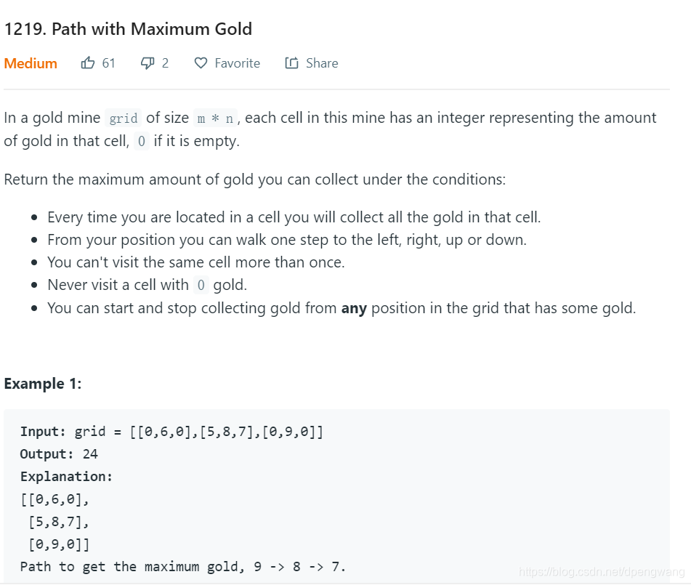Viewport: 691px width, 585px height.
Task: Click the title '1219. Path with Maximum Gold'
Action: coord(128,30)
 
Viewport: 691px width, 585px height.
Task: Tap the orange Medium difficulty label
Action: coord(31,63)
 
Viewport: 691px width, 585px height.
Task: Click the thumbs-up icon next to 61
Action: coord(88,63)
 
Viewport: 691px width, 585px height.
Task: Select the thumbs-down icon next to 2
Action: coord(148,63)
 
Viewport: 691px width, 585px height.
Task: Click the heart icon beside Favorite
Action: coord(201,63)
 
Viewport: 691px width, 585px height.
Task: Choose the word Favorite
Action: coord(237,63)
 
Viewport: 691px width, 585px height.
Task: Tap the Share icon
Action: coord(291,63)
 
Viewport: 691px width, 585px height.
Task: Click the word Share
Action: coord(322,63)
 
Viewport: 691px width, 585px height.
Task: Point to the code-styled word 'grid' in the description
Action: coord(123,118)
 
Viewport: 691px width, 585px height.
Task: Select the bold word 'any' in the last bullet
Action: coord(354,308)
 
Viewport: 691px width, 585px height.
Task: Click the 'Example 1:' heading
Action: coord(43,384)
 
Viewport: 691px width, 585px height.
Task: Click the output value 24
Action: coord(90,454)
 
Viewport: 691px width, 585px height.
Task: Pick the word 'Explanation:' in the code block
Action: coord(66,477)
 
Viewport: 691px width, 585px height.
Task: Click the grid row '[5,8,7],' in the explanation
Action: coord(58,522)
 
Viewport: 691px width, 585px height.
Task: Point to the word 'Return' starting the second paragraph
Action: coord(26,179)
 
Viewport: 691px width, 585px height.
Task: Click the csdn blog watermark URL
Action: coord(602,572)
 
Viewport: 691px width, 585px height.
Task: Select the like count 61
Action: coord(108,63)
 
